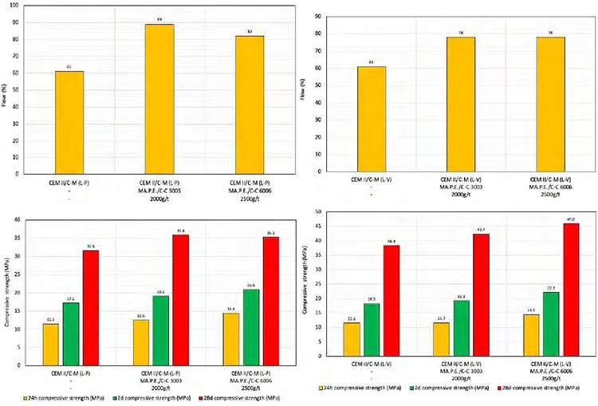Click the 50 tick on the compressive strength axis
click(x=319, y=212)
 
